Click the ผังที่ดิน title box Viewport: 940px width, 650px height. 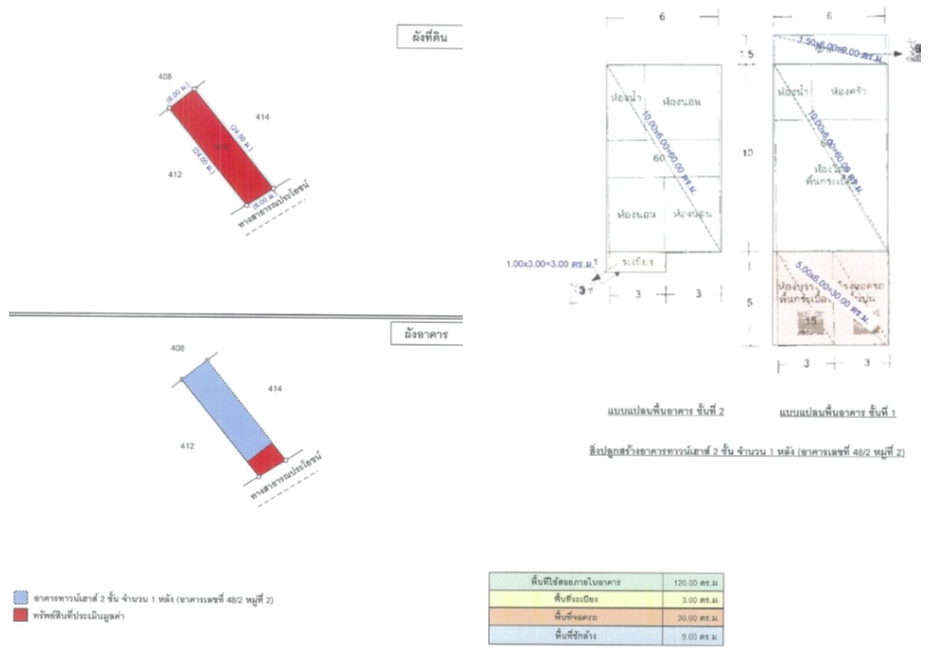[429, 39]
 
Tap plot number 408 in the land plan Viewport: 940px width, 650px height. [164, 77]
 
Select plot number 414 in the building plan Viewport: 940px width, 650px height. [275, 388]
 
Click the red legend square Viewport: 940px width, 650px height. [21, 616]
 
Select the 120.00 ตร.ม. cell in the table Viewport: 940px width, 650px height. [692, 582]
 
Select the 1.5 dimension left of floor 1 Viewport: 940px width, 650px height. [747, 55]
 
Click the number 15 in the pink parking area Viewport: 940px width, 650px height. [811, 321]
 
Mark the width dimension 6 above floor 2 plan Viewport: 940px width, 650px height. [663, 17]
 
